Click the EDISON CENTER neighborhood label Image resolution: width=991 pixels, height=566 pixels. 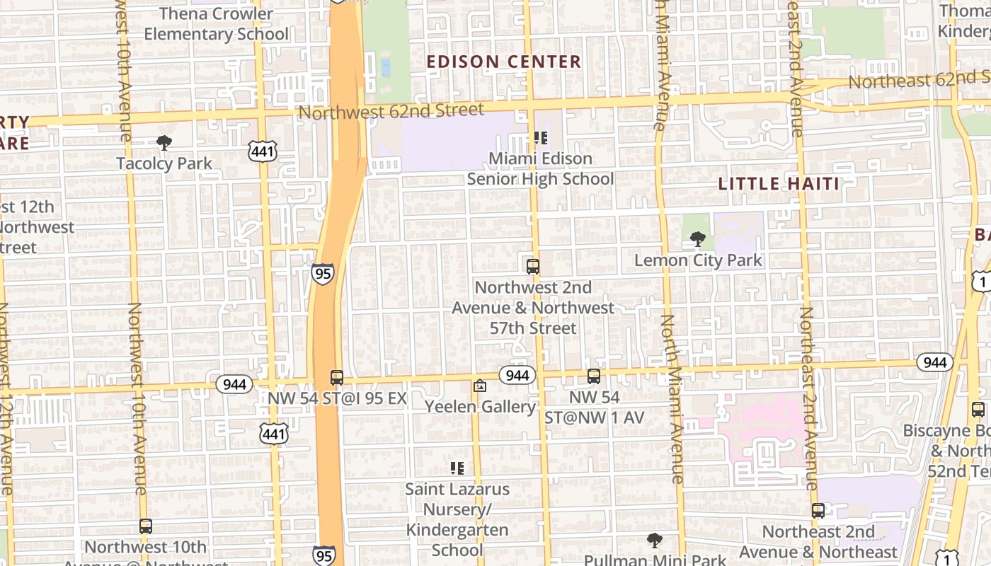point(504,62)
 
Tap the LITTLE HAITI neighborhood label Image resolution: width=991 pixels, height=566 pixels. point(779,184)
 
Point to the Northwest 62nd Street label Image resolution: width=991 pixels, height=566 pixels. point(391,110)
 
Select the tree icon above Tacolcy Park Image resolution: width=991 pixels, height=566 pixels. point(164,143)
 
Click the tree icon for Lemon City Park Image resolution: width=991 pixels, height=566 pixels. point(698,239)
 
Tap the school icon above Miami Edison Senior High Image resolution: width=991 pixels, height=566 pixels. point(541,138)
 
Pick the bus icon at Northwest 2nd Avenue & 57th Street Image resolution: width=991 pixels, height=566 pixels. point(533,267)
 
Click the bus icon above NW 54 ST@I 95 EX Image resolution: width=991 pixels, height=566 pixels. point(337,378)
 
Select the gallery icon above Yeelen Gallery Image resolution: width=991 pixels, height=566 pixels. point(480,386)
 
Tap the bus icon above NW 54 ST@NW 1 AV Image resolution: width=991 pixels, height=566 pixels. point(594,376)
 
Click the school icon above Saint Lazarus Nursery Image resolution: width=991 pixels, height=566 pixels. point(457,468)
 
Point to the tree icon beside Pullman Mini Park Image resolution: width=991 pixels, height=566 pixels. point(655,541)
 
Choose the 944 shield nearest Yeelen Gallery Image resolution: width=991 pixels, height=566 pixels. point(517,375)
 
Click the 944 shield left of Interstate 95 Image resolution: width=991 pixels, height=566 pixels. point(234,384)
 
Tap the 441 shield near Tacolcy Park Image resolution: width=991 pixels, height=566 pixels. point(262,150)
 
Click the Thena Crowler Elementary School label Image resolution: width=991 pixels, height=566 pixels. point(216,23)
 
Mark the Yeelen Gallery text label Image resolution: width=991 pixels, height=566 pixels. point(480,407)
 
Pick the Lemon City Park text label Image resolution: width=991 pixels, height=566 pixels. point(698,260)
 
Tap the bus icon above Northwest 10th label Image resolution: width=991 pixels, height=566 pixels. point(146,526)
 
